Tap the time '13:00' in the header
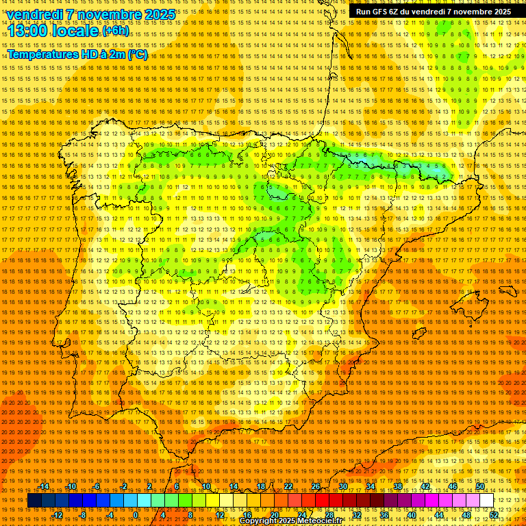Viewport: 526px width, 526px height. click(x=31, y=31)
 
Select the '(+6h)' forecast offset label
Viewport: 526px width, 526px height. click(x=114, y=32)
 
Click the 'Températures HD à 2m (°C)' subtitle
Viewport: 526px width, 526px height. click(x=77, y=54)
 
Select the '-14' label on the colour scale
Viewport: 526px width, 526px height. click(x=45, y=486)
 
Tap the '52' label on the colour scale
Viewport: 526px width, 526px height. click(x=494, y=515)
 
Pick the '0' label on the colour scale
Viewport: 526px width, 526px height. click(x=136, y=515)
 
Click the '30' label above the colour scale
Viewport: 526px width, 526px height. click(x=342, y=486)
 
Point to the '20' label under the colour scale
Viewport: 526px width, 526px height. click(x=274, y=515)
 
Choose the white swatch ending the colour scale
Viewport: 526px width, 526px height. click(x=486, y=501)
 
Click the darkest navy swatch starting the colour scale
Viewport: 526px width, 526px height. click(x=34, y=501)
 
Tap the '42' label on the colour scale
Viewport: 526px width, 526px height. click(x=425, y=486)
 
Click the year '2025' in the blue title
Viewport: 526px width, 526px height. click(x=160, y=14)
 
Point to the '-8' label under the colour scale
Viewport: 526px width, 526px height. click(x=83, y=515)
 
